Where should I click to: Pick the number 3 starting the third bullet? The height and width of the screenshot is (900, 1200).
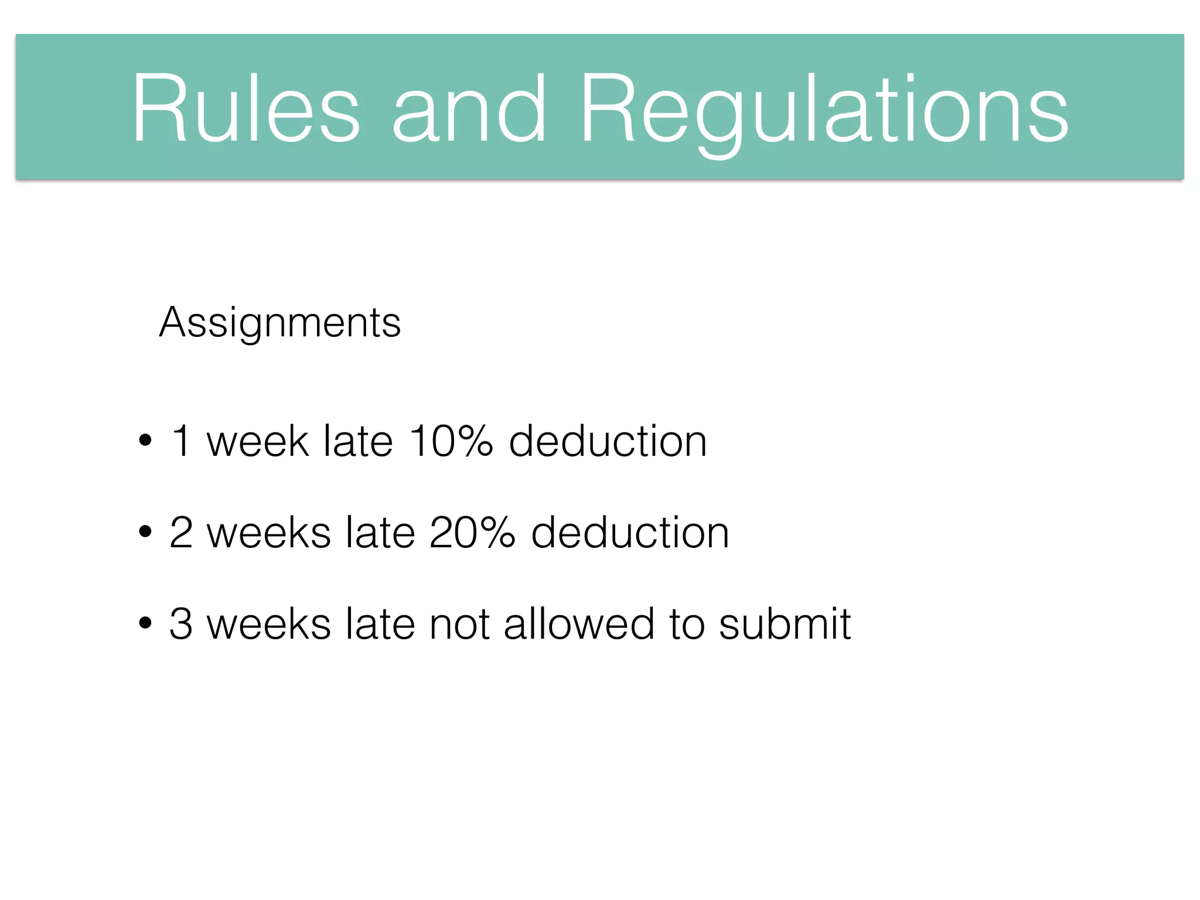pos(181,623)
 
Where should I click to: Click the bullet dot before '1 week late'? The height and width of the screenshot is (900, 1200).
pos(145,441)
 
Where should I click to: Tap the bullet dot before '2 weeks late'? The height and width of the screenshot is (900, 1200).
pos(145,532)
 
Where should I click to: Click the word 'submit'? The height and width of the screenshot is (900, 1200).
pos(785,623)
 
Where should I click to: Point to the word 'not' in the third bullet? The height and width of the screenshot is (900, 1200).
pos(459,623)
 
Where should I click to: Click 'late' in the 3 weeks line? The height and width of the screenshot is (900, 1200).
pos(380,623)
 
